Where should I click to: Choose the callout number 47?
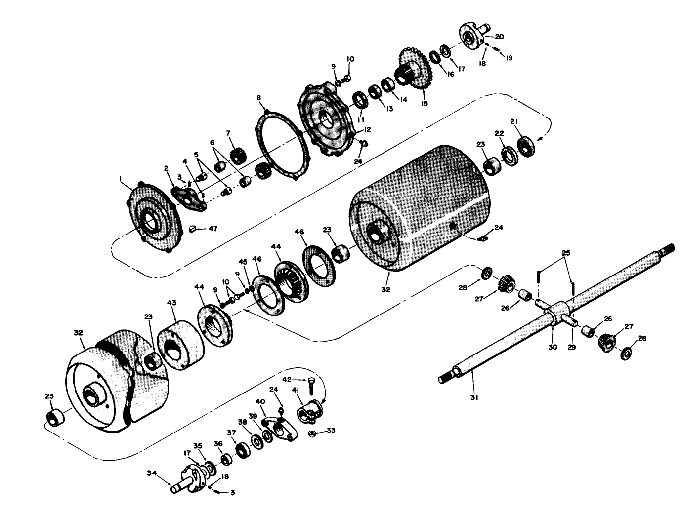coord(213,229)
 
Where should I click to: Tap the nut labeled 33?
coord(312,434)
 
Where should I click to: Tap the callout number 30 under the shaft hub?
coord(553,347)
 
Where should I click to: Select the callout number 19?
coord(508,57)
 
